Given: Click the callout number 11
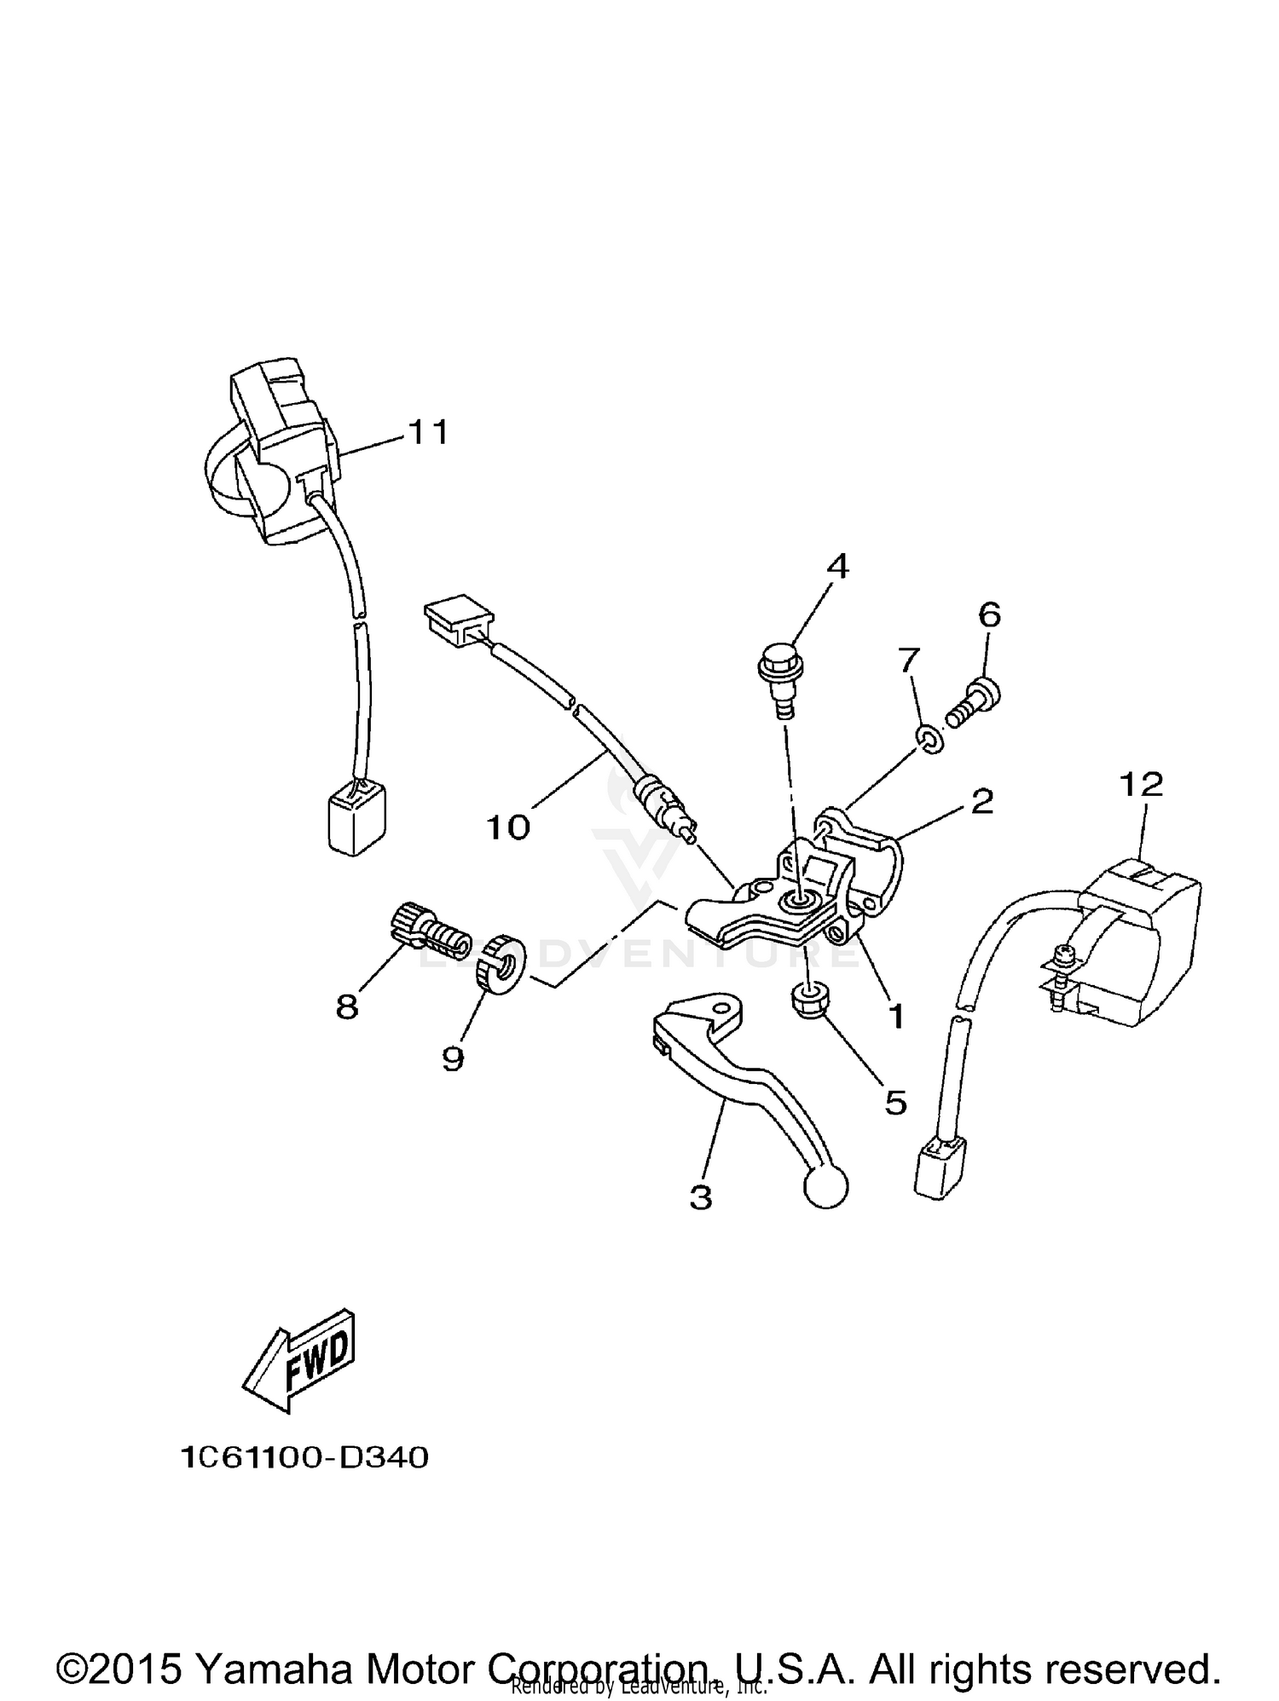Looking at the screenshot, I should pos(428,434).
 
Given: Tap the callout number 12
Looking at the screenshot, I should pos(1142,784).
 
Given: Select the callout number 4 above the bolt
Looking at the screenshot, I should pos(838,566).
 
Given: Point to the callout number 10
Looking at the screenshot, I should pos(508,826).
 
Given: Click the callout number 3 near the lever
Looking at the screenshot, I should pos(700,1197).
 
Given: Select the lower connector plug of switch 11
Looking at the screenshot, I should pos(356,816).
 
